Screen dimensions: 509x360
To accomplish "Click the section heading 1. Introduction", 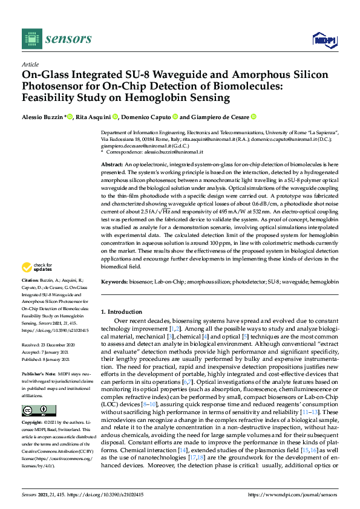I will click(x=121, y=311).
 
